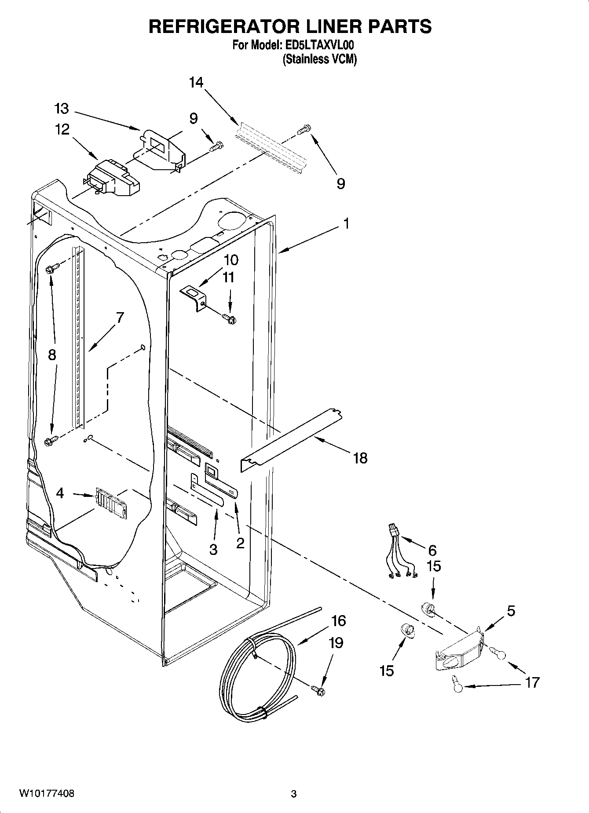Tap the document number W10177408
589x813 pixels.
pyautogui.click(x=46, y=794)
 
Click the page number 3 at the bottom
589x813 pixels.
pyautogui.click(x=294, y=794)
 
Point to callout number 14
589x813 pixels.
pyautogui.click(x=197, y=82)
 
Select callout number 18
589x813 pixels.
pyautogui.click(x=360, y=458)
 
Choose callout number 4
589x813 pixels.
pyautogui.click(x=60, y=493)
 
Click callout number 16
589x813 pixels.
pyautogui.click(x=338, y=621)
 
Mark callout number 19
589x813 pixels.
pyautogui.click(x=336, y=643)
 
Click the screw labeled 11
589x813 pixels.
pyautogui.click(x=229, y=317)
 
